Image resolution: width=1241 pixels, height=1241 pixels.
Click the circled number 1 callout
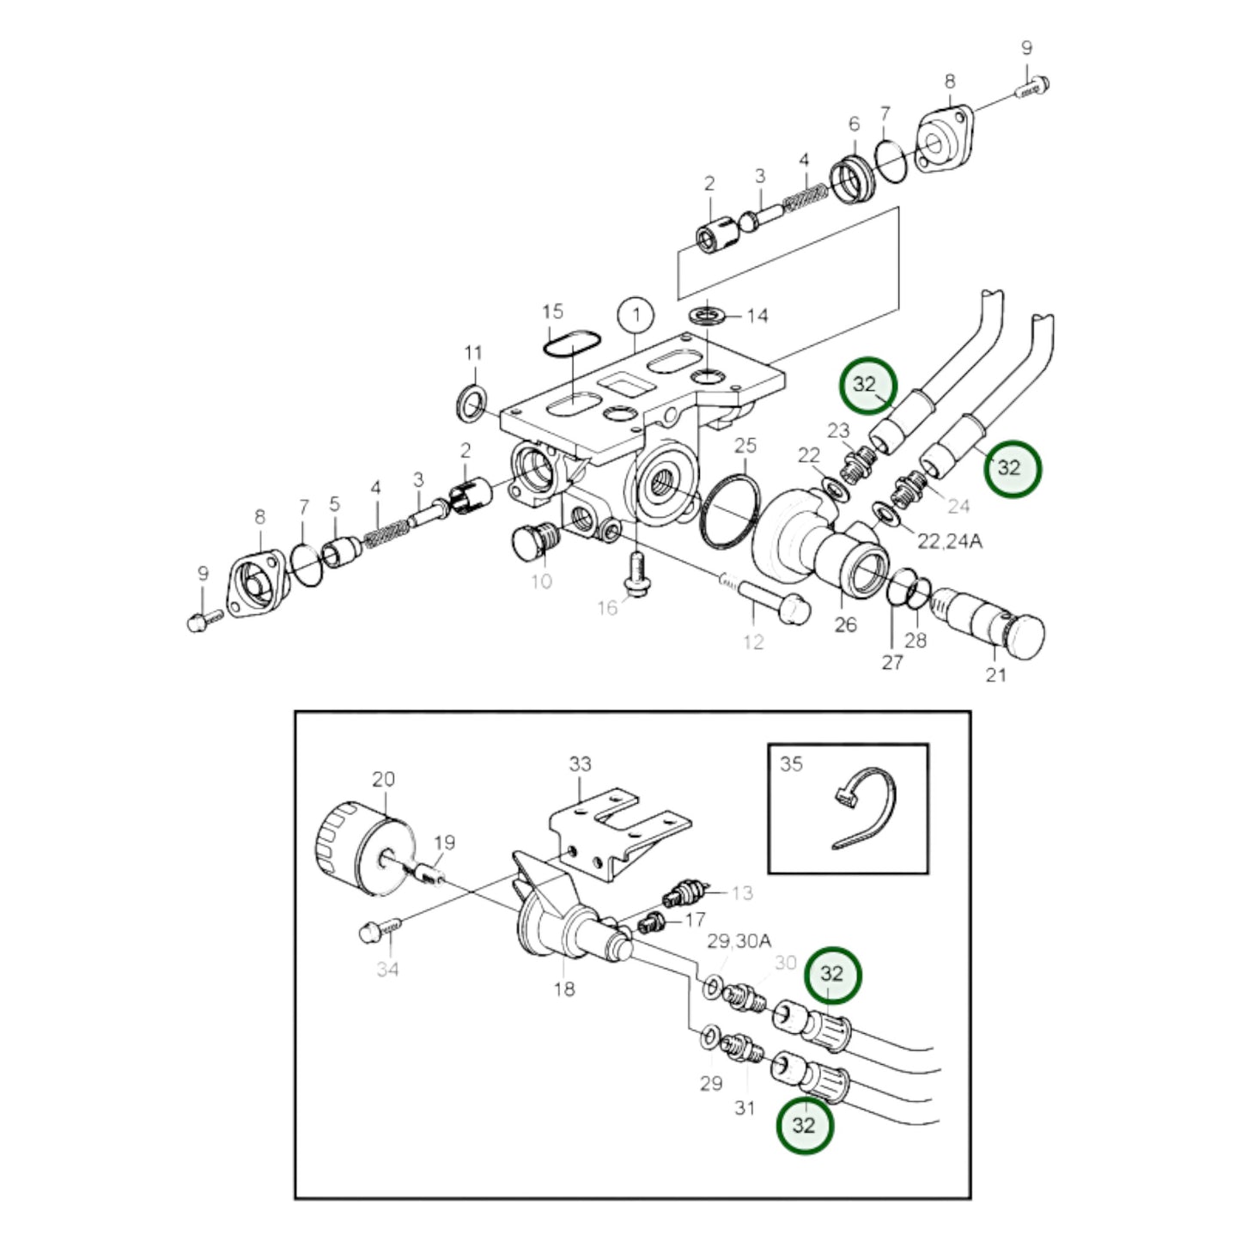pyautogui.click(x=636, y=315)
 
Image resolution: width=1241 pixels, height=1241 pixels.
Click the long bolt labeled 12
pyautogui.click(x=773, y=602)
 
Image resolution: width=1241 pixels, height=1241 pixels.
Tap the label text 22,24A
pyautogui.click(x=949, y=541)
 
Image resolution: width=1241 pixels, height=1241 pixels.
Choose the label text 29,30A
pyautogui.click(x=739, y=941)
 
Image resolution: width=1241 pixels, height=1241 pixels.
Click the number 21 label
pyautogui.click(x=995, y=675)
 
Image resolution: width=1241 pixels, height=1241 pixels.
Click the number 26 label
pyautogui.click(x=845, y=624)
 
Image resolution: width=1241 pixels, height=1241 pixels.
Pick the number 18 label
pyautogui.click(x=563, y=989)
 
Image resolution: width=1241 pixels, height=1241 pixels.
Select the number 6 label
pyautogui.click(x=854, y=125)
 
